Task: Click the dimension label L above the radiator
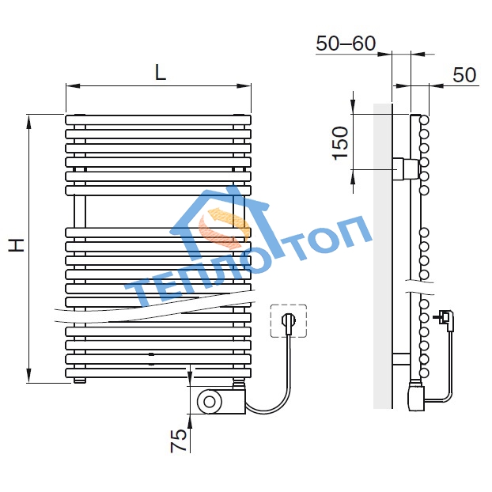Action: [x=161, y=74]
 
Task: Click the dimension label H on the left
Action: [x=17, y=245]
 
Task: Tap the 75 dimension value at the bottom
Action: [x=179, y=441]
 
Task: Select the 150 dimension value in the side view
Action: [x=341, y=143]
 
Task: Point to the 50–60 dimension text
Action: [x=346, y=44]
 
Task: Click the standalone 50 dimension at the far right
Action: [x=464, y=75]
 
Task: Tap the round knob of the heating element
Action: [x=210, y=401]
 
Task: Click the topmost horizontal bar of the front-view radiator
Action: [x=158, y=120]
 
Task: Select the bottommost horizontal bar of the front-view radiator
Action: [x=158, y=373]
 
